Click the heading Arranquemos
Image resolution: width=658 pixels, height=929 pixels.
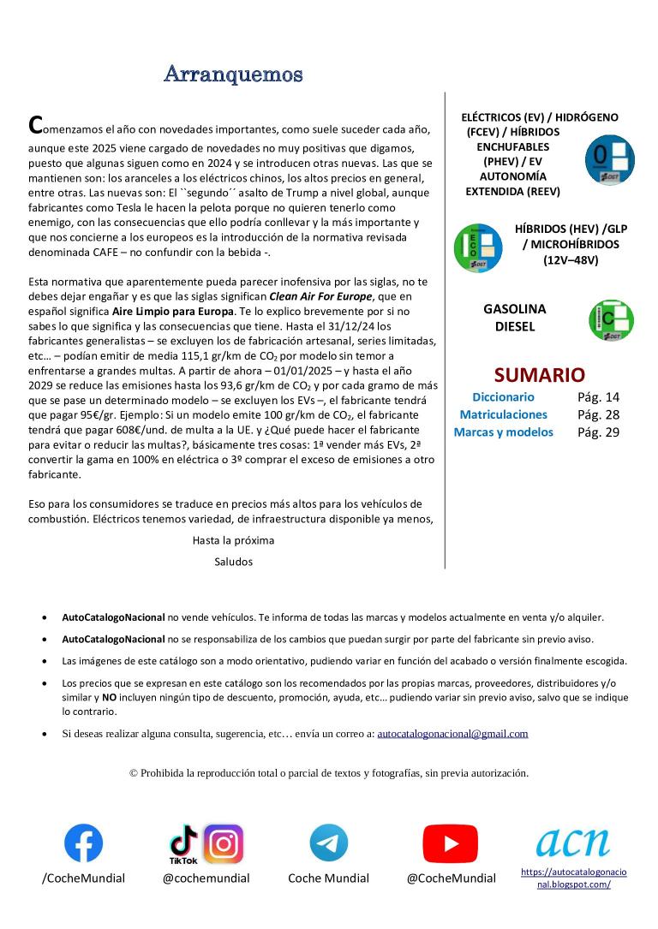coord(233,74)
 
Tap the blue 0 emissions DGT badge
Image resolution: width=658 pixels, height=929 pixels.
coord(609,160)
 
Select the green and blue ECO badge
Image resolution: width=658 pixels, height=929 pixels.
coord(477,246)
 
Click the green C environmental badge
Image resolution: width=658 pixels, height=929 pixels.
coord(611,320)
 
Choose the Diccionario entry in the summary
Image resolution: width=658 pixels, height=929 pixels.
coord(503,397)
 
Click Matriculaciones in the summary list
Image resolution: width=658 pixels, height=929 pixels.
coord(503,414)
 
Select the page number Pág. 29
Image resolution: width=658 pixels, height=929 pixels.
coord(598,432)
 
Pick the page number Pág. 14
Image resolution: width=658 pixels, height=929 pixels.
coord(598,397)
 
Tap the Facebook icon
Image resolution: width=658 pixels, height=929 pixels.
coord(84,843)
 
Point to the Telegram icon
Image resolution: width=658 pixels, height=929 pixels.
coord(329,843)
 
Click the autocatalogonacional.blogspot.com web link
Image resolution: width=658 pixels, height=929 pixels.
coord(573,878)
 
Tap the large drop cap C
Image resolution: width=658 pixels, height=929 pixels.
coord(35,125)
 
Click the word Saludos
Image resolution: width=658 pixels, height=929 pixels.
coord(233,562)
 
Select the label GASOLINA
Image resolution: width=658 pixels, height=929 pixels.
coord(514,309)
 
